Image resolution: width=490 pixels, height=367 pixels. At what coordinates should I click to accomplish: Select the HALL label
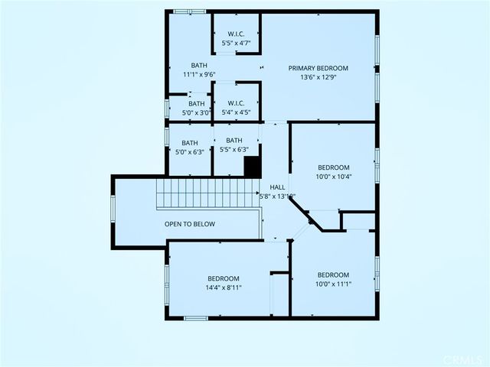[276, 187]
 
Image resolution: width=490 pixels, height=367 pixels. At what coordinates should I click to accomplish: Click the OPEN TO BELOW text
[190, 224]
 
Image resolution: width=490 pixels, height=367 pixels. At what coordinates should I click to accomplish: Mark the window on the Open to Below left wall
[113, 209]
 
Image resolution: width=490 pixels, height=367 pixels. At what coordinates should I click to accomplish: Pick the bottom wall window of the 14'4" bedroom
[195, 317]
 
